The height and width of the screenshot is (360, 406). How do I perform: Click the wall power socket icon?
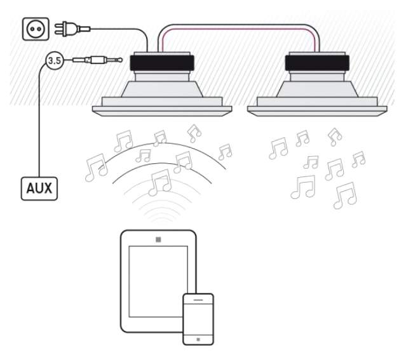point(36,29)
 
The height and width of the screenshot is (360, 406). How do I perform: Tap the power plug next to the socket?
point(72,29)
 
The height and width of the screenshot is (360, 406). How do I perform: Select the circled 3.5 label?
point(55,60)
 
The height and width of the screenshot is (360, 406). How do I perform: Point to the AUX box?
point(39,189)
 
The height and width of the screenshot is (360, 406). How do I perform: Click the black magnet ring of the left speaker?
point(162,63)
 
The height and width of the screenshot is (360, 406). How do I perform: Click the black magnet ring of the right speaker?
point(317,63)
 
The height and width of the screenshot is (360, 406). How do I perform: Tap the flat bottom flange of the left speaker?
point(162,111)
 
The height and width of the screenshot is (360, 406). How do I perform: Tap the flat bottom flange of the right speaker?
point(317,111)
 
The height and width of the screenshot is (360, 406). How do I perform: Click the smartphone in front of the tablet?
point(198,319)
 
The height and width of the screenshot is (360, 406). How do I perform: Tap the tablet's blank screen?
point(158,281)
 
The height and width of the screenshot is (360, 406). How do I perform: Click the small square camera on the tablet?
point(158,239)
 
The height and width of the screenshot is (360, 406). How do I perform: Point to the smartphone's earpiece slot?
point(198,300)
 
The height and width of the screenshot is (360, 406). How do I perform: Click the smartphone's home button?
point(198,339)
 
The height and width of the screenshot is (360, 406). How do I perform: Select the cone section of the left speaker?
point(162,90)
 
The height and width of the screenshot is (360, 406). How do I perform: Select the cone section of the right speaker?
point(317,90)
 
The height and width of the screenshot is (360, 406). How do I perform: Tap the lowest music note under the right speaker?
point(345,196)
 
